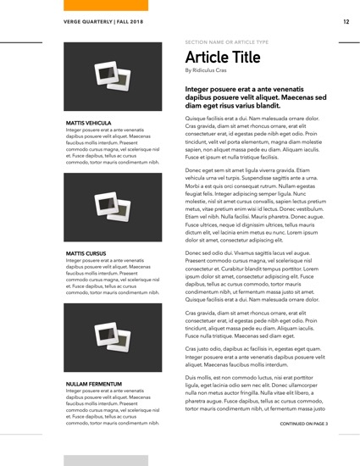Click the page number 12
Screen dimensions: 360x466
tap(346, 21)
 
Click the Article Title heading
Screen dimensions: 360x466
tap(223, 58)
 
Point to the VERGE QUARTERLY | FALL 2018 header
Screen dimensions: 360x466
tap(102, 21)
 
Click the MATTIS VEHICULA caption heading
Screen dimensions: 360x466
tap(89, 123)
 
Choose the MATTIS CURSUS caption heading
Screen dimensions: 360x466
tap(86, 253)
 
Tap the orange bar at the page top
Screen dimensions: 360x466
tap(107, 5)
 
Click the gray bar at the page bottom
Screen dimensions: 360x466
tap(107, 459)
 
